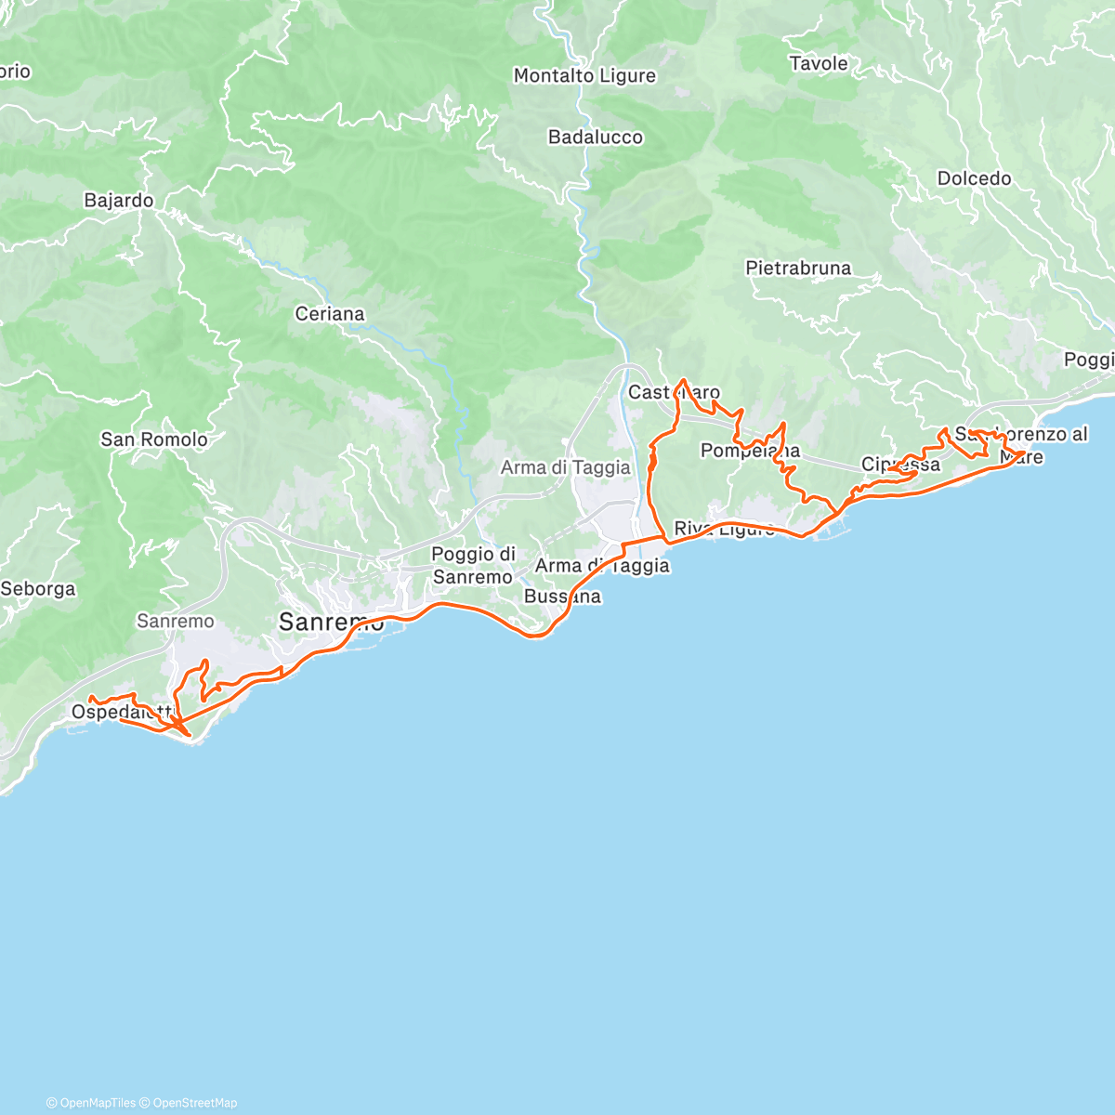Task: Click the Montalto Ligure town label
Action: point(584,76)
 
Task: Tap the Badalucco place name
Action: point(596,138)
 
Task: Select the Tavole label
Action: point(819,64)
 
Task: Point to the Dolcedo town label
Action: point(974,178)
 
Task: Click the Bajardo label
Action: point(119,201)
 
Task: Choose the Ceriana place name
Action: point(330,314)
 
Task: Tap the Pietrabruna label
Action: point(798,269)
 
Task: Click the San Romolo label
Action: point(154,439)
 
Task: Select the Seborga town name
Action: point(38,589)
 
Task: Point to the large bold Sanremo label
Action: point(332,623)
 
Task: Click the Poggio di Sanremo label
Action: point(473,566)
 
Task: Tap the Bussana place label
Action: point(562,597)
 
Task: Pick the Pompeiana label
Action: point(750,452)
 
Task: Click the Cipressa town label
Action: point(900,465)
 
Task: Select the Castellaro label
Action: point(674,393)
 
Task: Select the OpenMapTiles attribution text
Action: point(98,1103)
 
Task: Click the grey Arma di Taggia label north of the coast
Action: point(565,468)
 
